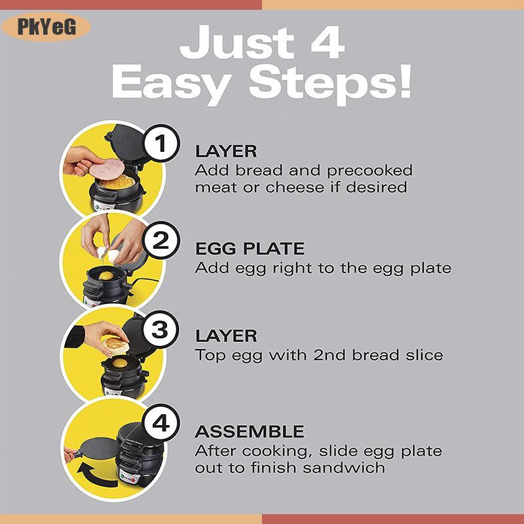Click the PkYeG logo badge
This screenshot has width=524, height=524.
46,27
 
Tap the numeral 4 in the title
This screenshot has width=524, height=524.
327,43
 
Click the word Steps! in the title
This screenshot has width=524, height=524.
330,84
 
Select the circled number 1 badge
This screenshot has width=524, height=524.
160,143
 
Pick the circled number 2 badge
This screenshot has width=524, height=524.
160,240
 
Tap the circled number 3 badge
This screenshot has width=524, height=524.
160,329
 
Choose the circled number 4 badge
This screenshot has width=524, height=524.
160,423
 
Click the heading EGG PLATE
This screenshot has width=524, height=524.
250,249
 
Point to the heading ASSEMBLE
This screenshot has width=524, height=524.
250,432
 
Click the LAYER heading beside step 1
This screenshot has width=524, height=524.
226,151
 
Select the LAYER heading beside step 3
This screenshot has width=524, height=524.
226,336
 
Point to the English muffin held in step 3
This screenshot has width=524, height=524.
115,344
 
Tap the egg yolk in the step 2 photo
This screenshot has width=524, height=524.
107,276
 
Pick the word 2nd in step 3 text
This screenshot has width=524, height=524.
329,355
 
